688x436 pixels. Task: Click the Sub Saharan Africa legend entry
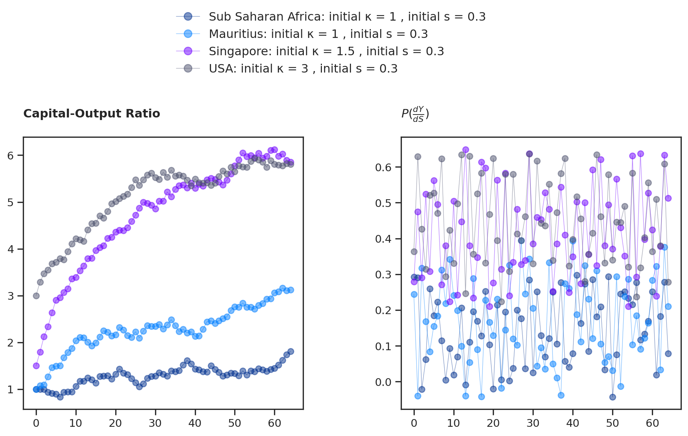pos(347,17)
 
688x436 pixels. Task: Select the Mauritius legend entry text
pos(318,34)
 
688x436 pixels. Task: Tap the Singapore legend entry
pos(326,52)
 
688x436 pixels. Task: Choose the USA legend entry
pos(303,69)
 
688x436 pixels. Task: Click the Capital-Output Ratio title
pos(92,114)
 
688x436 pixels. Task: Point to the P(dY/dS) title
pos(415,114)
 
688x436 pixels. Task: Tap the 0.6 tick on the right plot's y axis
pos(383,168)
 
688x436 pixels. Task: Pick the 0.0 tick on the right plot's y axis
pos(383,382)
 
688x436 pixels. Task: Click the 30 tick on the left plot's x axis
pos(155,423)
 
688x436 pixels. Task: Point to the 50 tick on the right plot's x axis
pos(612,423)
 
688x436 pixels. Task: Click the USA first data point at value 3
pos(36,296)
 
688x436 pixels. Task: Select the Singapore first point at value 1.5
pos(36,366)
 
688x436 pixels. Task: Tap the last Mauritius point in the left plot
pos(291,290)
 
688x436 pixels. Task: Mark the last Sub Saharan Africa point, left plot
pos(291,351)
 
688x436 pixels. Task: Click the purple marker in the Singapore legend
pos(188,51)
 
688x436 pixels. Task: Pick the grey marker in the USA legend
pos(188,68)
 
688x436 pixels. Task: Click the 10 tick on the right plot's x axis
pos(454,423)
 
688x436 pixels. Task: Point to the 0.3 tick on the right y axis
pos(383,275)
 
